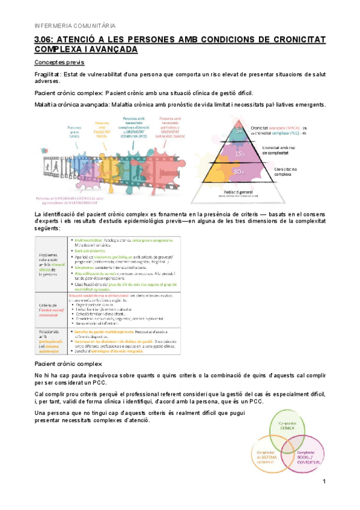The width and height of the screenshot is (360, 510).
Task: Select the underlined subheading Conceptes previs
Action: coord(59,63)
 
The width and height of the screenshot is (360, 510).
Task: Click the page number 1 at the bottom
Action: coord(323,482)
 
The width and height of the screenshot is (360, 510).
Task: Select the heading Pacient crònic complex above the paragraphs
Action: coord(68,364)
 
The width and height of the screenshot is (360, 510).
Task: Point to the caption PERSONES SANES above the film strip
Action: coord(75,131)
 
